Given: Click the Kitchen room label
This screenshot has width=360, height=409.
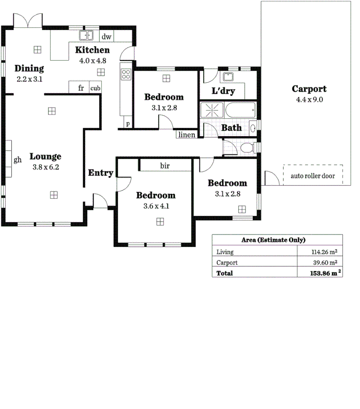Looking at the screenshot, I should pos(92,50).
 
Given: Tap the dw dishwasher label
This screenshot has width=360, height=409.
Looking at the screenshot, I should pos(107,37).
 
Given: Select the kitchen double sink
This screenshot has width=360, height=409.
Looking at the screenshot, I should pos(87,36).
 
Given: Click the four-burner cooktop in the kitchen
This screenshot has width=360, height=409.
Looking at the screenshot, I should pos(126,74).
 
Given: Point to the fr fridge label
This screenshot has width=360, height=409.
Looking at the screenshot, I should pos(81,88).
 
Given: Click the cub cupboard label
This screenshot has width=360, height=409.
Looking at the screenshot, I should pos(95,88).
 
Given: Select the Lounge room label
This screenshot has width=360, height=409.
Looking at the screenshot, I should pos(46,156).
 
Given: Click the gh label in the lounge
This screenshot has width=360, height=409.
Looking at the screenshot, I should pos(17,160).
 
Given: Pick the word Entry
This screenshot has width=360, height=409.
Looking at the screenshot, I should pos(100,173).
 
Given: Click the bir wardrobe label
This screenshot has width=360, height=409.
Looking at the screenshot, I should pos(165,166).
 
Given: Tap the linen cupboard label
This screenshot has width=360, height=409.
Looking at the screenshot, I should pos(187,135).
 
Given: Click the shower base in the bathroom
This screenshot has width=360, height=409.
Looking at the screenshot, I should pos(212,110).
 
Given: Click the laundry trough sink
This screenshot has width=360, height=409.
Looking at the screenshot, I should pos(227,76).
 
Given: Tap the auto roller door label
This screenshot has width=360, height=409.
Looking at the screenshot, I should pos(313,175).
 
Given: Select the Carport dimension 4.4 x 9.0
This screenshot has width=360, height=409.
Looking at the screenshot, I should pos(309,99).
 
